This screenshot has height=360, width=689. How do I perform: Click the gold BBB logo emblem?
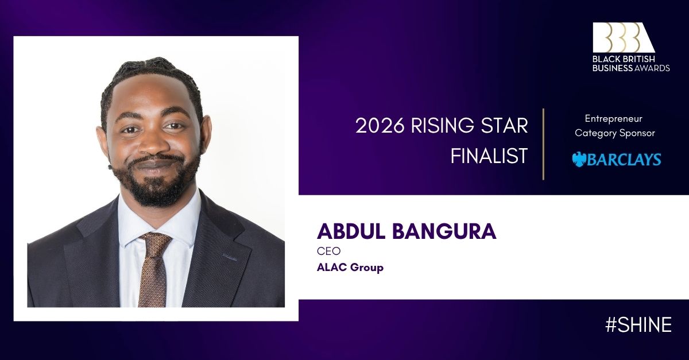[x=623, y=37]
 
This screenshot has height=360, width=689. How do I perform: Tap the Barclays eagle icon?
[x=579, y=160]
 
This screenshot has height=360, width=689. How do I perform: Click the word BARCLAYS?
[x=624, y=160]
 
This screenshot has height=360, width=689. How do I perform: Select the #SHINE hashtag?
[x=638, y=324]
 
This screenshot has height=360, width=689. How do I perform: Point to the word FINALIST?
[x=489, y=156]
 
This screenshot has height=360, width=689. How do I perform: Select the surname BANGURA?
[x=444, y=231]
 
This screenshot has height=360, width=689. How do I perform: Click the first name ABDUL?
[x=351, y=231]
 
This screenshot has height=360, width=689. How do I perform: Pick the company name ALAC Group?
[x=350, y=268]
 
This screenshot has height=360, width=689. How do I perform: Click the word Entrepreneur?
[x=614, y=119]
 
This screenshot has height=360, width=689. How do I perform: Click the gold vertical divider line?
[x=544, y=144]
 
